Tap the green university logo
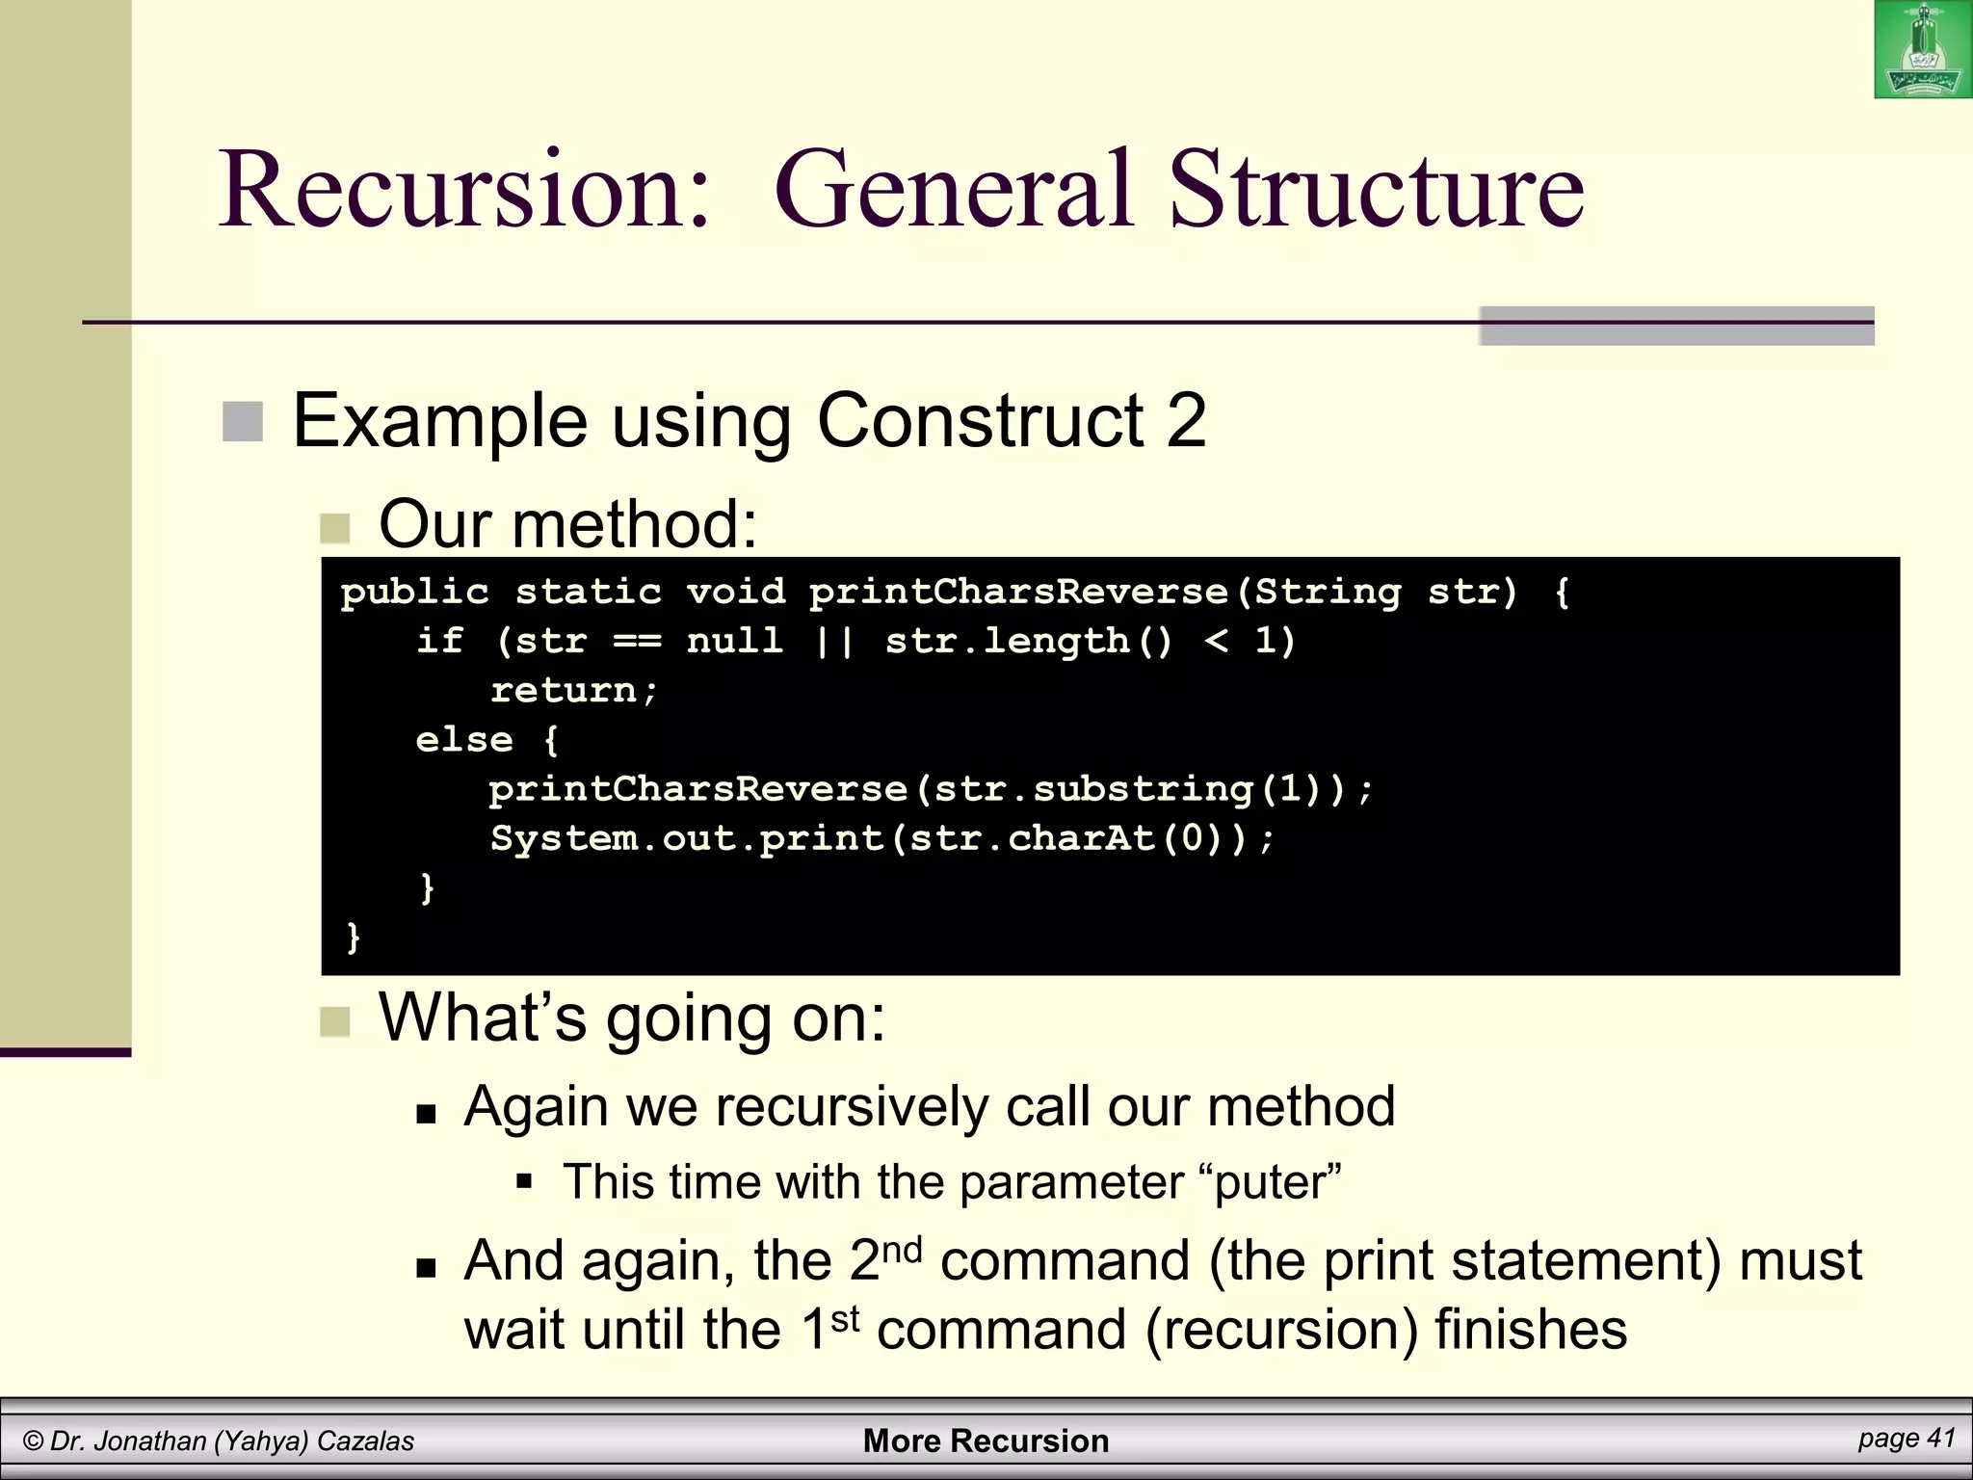tap(1922, 50)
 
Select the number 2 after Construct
tap(1186, 421)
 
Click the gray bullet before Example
tap(243, 422)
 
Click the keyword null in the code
tap(734, 640)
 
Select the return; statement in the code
tap(573, 690)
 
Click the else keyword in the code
tap(463, 740)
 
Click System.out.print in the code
tap(687, 838)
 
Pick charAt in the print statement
tap(1081, 838)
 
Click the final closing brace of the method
tap(353, 937)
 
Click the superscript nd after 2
tap(902, 1250)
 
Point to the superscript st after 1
tap(844, 1319)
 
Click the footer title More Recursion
tap(986, 1440)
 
